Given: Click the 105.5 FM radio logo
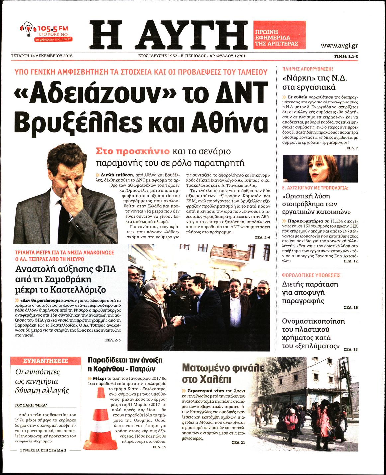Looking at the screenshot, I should click(x=46, y=32).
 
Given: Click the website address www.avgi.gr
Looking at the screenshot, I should click(x=339, y=46).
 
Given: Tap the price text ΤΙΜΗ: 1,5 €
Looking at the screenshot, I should click(x=345, y=56).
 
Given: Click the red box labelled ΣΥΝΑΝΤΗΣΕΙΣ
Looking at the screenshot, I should click(x=46, y=361).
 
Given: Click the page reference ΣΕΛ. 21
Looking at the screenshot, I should click(x=238, y=442).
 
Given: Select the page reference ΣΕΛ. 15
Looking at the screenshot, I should click(x=159, y=447).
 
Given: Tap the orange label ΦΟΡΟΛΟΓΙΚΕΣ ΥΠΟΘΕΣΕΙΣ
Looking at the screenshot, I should click(x=311, y=275).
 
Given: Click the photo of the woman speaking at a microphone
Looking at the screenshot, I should click(x=320, y=169).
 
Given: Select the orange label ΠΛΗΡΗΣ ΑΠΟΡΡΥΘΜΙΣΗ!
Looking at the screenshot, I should click(x=307, y=69).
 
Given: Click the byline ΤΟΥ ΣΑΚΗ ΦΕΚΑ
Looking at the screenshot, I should click(x=31, y=405).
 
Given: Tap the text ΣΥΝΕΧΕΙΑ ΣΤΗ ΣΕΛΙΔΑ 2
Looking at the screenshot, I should click(x=43, y=450).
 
